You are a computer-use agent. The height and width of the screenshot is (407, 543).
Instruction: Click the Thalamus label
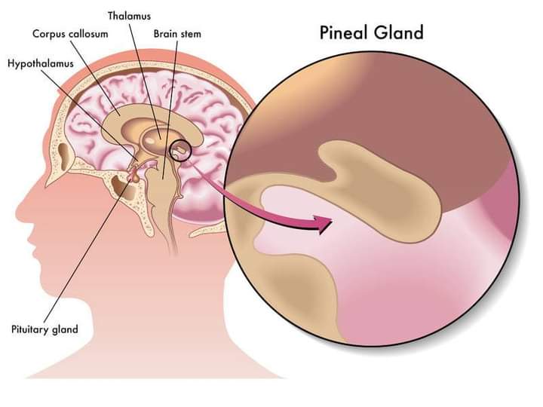pos(129,16)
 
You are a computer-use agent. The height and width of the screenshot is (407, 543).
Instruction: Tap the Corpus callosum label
pos(70,34)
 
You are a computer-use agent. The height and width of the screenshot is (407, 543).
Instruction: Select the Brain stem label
pos(177,34)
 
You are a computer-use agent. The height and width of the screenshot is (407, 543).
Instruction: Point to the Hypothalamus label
pos(41,64)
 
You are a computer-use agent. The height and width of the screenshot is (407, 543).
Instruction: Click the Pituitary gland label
pos(44,329)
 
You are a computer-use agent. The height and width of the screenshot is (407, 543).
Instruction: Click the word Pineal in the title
pos(343,32)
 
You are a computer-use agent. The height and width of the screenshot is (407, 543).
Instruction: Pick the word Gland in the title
pos(398,32)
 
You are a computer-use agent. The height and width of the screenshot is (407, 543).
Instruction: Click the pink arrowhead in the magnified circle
pos(323,224)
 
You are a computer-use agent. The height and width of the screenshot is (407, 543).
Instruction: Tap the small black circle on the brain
pos(180,150)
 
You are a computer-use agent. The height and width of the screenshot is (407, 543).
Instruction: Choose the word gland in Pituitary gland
pos(65,330)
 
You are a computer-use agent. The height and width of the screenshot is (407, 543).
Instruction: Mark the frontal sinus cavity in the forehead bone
pos(64,153)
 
